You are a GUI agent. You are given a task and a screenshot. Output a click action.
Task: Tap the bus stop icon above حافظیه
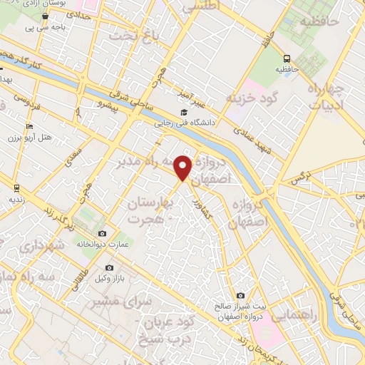point(287,58)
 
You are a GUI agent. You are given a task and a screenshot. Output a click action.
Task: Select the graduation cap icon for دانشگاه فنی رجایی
point(184,113)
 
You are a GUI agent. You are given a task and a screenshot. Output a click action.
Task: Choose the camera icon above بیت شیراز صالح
point(240,295)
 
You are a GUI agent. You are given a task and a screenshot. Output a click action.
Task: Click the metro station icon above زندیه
point(16,187)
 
